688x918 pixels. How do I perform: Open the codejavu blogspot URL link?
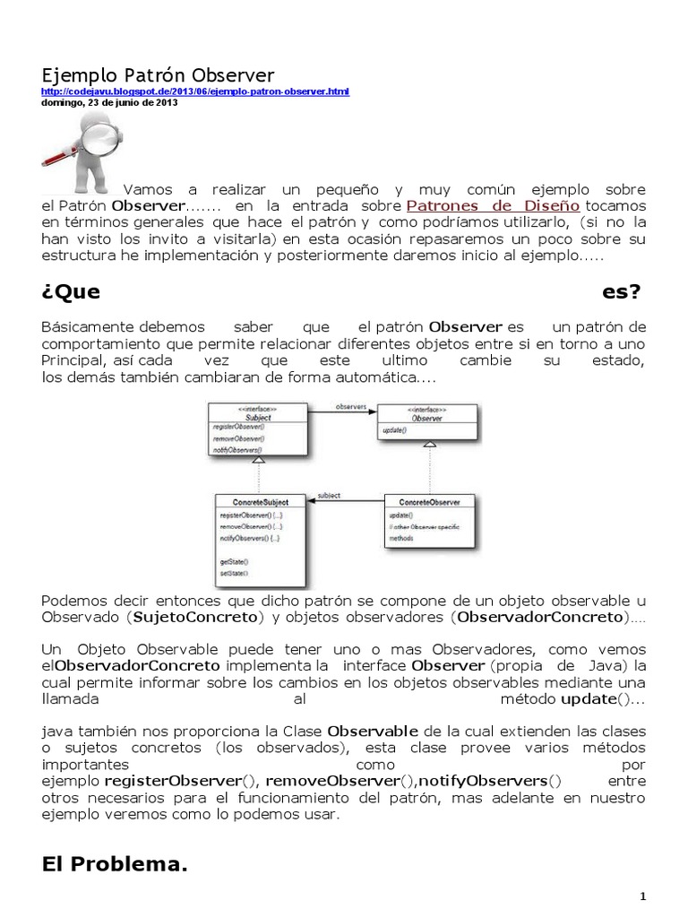point(195,91)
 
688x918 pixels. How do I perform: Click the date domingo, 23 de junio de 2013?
point(109,102)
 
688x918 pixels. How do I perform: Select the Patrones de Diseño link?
point(494,204)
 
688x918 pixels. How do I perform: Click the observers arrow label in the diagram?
point(351,406)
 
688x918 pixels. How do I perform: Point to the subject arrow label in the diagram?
point(330,495)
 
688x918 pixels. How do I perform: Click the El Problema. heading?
point(116,864)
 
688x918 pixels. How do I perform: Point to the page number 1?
point(642,896)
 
